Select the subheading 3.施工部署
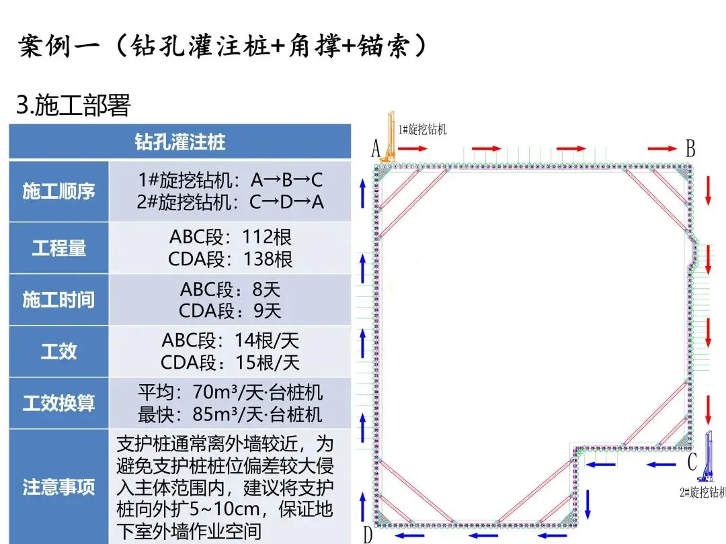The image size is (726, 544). point(73,105)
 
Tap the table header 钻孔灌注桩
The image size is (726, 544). point(179,142)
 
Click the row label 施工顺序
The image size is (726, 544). point(58,191)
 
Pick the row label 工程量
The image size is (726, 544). point(58,248)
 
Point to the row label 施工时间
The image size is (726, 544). point(58,300)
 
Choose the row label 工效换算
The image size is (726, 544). point(58,404)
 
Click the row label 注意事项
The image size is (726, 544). point(58,487)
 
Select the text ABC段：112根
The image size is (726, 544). point(231,237)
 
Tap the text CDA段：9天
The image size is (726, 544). point(230,311)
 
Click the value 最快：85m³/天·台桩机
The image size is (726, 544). point(230,414)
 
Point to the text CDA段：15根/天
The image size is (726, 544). point(230,363)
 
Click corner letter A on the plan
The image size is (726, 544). point(376,149)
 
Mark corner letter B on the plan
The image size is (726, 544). point(690,149)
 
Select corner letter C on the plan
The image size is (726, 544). point(692,462)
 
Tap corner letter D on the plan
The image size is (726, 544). point(368,535)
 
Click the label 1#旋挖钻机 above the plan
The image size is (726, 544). point(422,129)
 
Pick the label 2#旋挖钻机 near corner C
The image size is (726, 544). point(702,492)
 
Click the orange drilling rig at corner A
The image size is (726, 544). point(389,141)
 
